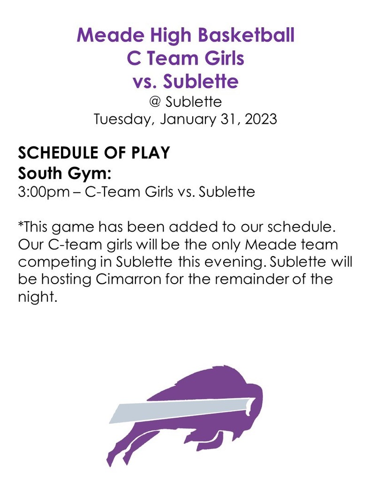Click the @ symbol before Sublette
[155, 102]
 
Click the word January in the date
[188, 120]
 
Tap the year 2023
[261, 119]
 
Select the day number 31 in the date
[229, 120]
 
